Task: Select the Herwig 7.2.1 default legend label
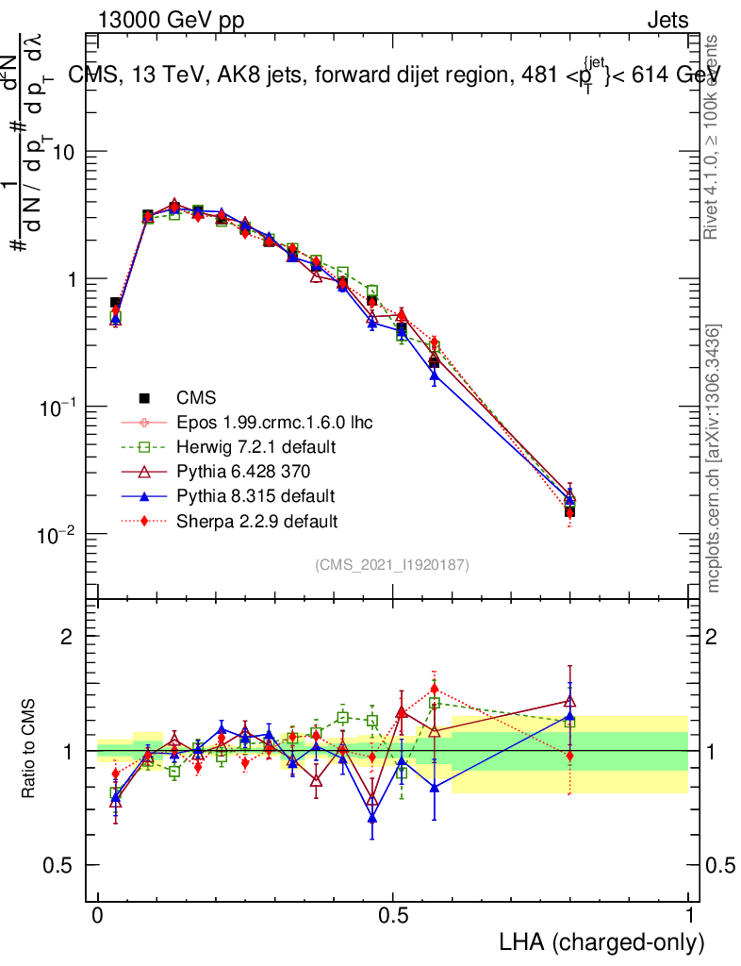255,446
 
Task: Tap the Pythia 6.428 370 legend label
243,471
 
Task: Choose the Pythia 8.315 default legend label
255,495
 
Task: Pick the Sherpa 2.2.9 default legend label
256,520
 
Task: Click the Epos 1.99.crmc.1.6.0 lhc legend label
274,422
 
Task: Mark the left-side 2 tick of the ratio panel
67,637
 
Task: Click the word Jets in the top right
667,21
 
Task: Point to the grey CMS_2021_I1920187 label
392,564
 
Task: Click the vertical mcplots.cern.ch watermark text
714,458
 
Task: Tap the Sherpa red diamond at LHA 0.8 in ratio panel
569,756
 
